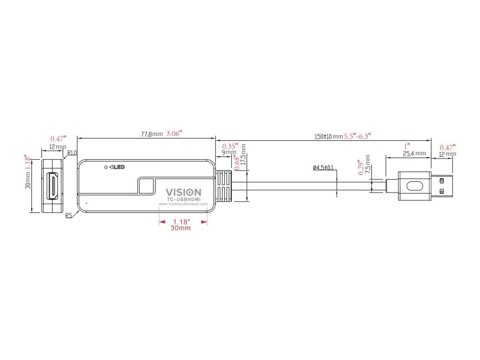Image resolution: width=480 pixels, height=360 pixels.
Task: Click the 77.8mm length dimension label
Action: point(152,134)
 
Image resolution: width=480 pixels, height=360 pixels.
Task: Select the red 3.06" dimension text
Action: point(174,133)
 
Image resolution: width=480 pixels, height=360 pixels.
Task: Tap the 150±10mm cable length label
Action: point(329,136)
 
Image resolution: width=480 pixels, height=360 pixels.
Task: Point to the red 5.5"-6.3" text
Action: point(358,136)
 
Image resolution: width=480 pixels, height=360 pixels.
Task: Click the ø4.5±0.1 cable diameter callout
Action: point(323,168)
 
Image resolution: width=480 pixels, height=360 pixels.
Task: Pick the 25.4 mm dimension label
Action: point(414,154)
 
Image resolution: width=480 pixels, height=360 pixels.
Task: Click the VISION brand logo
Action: point(183,192)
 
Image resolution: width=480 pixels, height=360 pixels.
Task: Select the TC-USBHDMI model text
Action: point(183,199)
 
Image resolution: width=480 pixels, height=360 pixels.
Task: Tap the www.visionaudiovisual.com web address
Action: point(183,204)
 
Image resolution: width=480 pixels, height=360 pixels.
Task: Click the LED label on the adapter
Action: point(119,167)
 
